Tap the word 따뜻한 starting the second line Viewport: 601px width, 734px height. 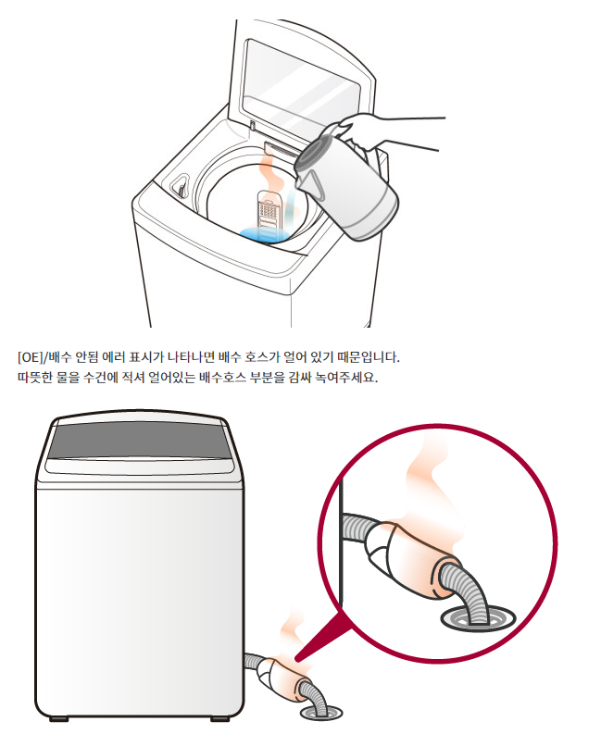tap(34, 379)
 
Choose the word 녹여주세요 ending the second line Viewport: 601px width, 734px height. tap(350, 379)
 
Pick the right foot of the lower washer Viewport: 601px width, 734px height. tap(221, 718)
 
